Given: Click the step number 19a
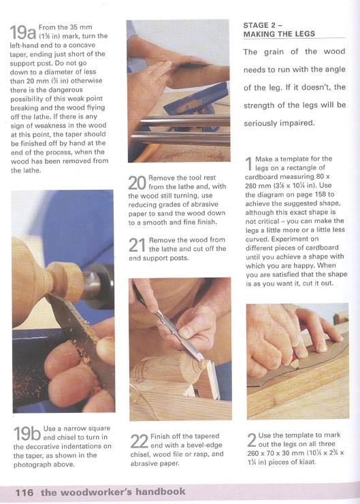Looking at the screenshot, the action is pos(23,32).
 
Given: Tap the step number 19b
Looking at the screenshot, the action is pos(27,434).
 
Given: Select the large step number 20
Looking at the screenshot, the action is pos(137,183).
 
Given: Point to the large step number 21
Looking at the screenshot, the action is pos(137,246).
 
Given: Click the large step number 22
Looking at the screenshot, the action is pos(140,441).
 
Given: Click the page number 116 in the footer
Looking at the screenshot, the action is pos(24,492).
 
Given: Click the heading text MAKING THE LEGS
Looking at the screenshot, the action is pos(279,34).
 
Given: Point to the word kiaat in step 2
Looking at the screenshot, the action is pos(308,462).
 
